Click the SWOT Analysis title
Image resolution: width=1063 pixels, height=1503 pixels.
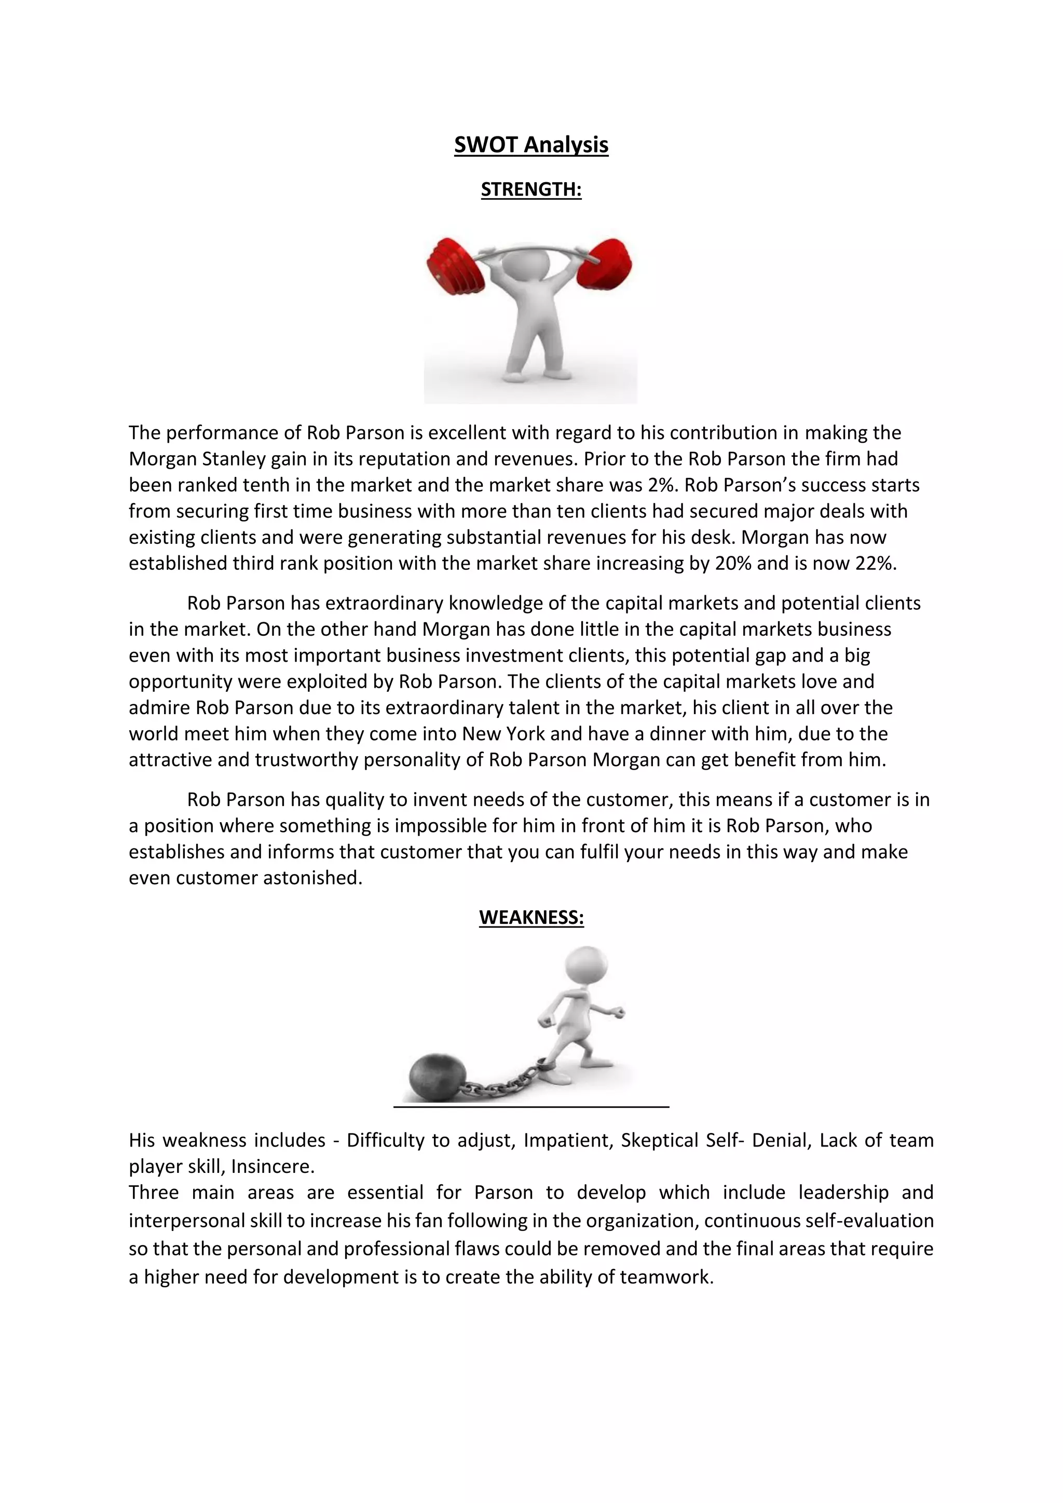pos(531,145)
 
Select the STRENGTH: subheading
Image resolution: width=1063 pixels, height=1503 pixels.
pos(531,189)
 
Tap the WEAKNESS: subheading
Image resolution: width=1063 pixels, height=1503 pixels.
pos(531,917)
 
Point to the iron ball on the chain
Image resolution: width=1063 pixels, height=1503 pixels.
pos(437,1077)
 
